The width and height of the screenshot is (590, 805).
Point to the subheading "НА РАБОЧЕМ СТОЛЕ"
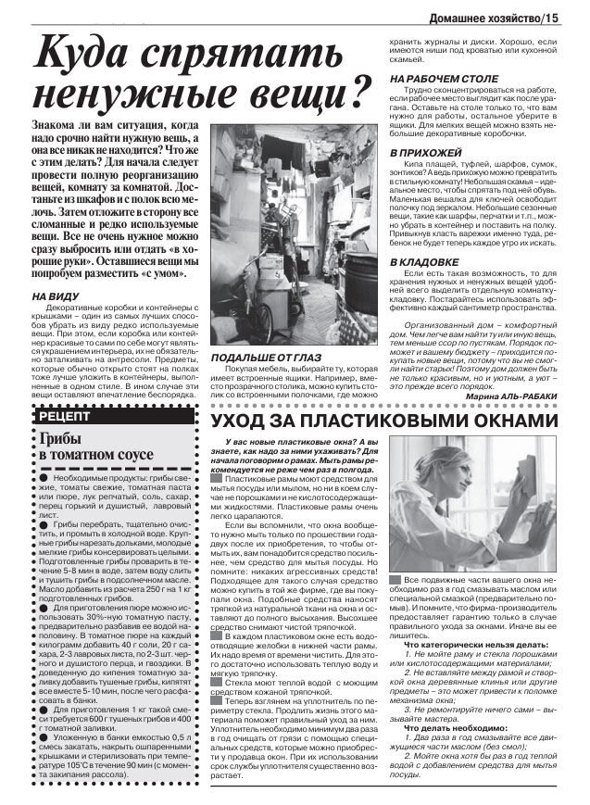[443, 79]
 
